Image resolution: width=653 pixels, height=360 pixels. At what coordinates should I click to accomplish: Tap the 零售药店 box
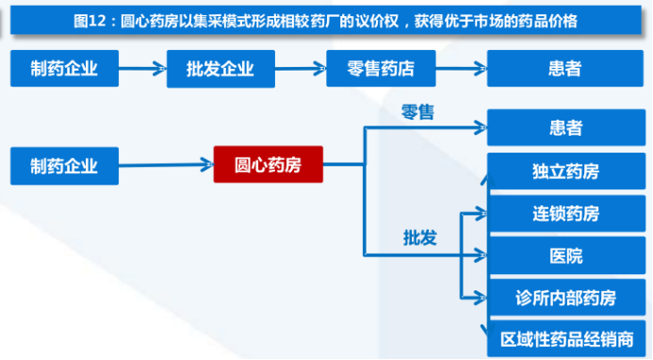pos(381,69)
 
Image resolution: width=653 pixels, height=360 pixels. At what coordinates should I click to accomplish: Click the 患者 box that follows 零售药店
pos(565,69)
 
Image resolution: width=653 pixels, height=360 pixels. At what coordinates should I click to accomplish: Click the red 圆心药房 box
pos(269,166)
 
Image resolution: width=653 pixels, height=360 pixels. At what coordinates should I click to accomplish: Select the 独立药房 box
pos(565,172)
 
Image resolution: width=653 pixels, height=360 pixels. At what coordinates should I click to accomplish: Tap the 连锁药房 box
pos(565,214)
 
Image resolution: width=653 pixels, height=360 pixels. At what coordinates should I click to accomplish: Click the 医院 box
pos(565,256)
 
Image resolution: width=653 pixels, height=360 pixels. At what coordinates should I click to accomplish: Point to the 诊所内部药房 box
pos(565,298)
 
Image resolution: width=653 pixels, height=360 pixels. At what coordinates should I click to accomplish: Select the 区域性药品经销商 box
pos(565,338)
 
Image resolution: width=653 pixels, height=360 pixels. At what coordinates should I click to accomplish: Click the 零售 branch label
pos(418,112)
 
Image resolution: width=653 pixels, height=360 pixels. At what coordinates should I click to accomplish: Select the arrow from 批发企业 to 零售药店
pos(302,69)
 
